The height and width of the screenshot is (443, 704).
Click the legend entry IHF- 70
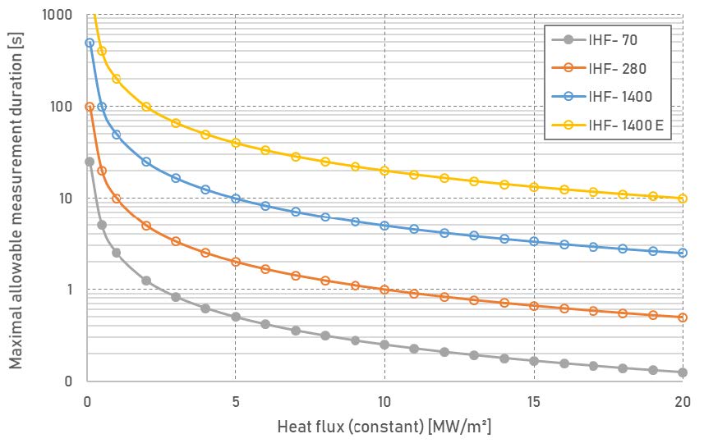pos(612,39)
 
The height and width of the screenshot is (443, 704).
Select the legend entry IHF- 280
pos(616,68)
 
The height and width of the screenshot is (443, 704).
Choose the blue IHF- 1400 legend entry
pos(619,97)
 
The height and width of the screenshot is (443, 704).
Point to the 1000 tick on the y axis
pos(56,16)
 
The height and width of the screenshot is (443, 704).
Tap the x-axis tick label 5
pos(236,402)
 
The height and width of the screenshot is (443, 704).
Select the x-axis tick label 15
pos(533,402)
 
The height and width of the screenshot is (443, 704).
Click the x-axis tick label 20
pos(682,402)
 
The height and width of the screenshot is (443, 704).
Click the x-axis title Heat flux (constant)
pos(384,427)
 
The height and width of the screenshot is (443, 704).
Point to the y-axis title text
pos(16,198)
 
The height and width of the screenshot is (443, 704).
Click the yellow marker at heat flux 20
pos(682,199)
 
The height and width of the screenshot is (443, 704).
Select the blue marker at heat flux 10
pos(384,226)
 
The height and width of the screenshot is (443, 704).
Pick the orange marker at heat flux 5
pos(236,263)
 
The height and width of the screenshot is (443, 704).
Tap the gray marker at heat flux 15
pos(533,361)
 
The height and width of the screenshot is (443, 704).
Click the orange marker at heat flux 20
pos(682,317)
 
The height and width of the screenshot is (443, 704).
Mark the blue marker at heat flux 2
pos(146,162)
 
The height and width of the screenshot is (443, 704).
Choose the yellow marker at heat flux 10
pos(384,171)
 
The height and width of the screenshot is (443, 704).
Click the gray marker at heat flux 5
pos(236,317)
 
